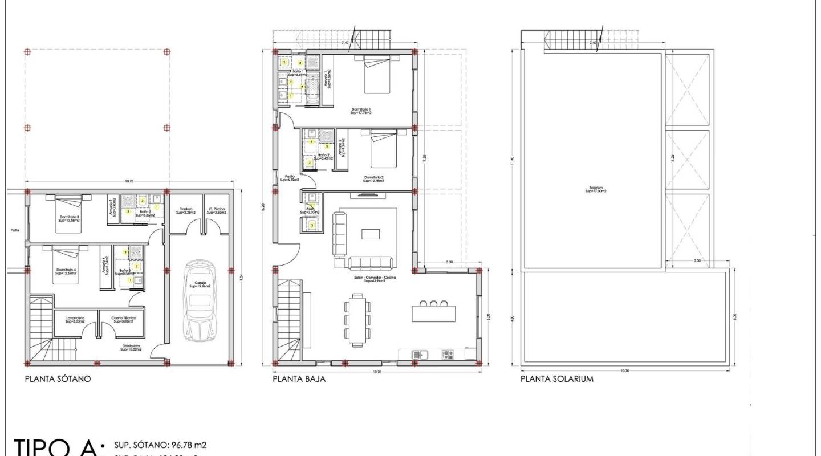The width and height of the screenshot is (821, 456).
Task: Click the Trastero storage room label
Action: pos(186,211)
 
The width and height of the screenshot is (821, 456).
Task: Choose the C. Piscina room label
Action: pos(216,211)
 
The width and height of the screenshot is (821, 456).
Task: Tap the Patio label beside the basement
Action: pos(14,231)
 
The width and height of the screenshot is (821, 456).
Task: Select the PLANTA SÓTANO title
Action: pos(58,378)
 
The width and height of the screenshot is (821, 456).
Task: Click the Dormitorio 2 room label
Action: pos(373,179)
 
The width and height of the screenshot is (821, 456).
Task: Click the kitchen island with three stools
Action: pos(434,313)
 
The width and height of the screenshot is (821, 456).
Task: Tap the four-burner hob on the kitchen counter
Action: pos(448,355)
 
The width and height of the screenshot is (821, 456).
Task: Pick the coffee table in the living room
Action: pos(370,234)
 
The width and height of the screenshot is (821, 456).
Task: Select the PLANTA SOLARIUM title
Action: pos(556,378)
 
